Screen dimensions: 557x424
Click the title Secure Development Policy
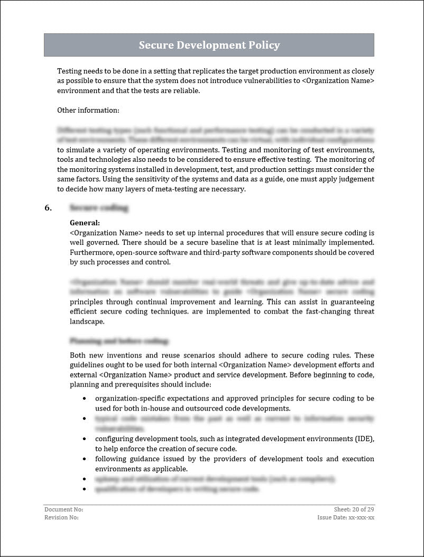point(209,45)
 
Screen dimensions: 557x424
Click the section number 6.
point(48,208)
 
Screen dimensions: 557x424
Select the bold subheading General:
point(85,223)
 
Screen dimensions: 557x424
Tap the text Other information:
point(88,110)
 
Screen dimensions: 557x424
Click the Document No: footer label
point(63,509)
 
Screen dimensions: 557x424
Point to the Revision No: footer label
point(61,517)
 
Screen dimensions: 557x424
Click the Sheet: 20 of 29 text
point(354,509)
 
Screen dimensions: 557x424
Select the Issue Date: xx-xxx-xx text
point(346,517)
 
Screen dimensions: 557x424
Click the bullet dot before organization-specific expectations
point(84,398)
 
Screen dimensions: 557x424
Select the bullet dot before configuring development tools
point(84,439)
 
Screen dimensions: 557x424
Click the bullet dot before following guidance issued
point(84,459)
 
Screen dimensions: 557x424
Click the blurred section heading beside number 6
point(99,208)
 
